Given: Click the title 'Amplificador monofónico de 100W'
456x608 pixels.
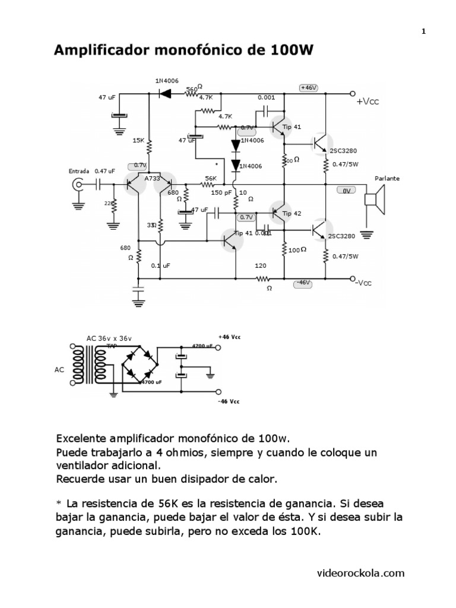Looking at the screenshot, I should click(x=183, y=51).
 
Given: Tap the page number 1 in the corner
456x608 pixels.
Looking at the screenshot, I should click(x=424, y=32).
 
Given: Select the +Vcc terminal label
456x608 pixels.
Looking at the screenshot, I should click(x=368, y=102).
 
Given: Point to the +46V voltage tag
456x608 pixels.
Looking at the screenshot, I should click(x=309, y=88).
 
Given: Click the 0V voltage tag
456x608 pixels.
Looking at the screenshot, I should click(x=346, y=191).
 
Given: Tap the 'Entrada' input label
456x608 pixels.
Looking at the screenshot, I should click(x=79, y=171).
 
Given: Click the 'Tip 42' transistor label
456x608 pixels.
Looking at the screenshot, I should click(x=292, y=213).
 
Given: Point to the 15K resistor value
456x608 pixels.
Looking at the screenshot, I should click(x=138, y=140).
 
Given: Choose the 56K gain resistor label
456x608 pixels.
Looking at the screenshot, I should click(x=211, y=178).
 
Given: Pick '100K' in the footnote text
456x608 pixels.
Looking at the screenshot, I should click(x=306, y=532).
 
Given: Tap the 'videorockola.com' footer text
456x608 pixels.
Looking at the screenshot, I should click(x=361, y=573).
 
